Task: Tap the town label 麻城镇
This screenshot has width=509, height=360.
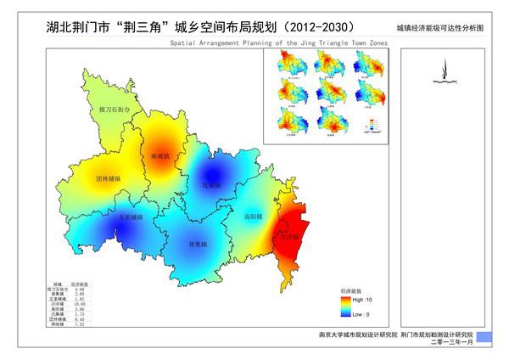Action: (160, 157)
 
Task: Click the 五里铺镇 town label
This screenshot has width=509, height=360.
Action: (130, 217)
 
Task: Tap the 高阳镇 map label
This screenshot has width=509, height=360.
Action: (253, 216)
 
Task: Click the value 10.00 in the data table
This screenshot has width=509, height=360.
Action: (79, 304)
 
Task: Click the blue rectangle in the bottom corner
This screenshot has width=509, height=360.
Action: (484, 337)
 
